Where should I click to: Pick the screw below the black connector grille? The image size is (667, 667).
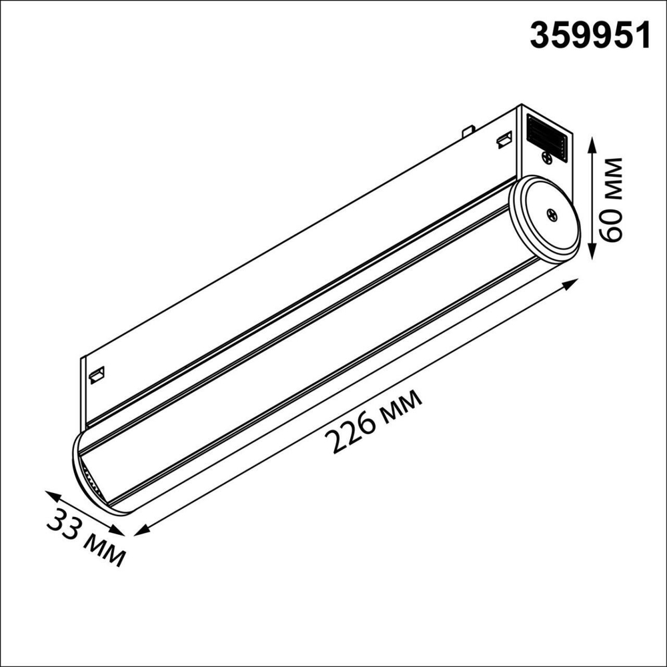click(546, 157)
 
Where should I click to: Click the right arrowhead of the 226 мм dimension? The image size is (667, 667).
click(572, 285)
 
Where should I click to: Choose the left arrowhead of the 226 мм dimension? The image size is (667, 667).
click(141, 531)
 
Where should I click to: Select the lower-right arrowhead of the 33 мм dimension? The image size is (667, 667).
click(118, 532)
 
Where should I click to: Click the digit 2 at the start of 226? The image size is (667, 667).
click(336, 445)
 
